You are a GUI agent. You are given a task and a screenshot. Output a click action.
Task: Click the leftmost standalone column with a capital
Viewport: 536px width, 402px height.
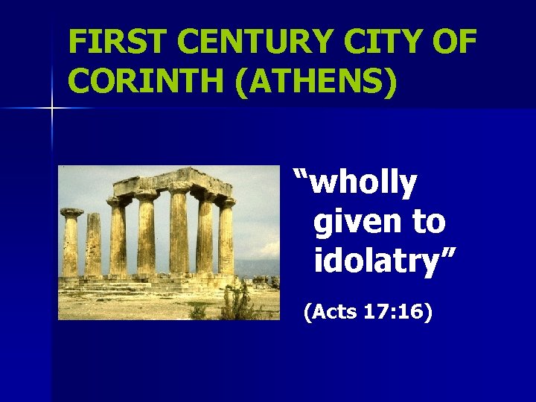coord(71,242)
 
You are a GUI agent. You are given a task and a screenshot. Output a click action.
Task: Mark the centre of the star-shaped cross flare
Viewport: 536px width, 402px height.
coord(52,109)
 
